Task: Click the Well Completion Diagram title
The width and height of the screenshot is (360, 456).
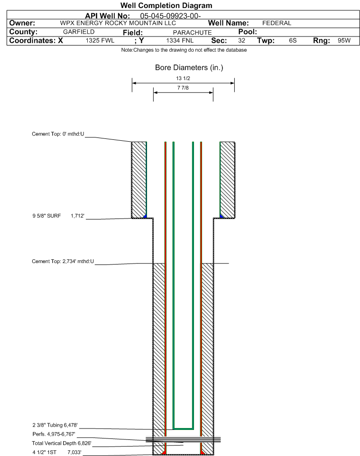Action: tap(166, 6)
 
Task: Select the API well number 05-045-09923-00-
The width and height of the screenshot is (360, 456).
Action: tap(170, 16)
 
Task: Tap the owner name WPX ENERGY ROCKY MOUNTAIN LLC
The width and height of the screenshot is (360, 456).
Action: tap(118, 23)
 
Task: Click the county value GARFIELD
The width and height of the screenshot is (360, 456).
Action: tap(79, 32)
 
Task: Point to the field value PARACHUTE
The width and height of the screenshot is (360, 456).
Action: tap(193, 32)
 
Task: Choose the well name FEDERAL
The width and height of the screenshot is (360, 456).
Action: tap(277, 23)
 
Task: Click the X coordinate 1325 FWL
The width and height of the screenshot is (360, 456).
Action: tap(100, 40)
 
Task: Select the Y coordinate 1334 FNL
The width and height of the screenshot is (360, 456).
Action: tap(180, 40)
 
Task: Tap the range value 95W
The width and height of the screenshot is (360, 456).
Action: tap(344, 40)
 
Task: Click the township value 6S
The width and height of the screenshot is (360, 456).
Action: tap(293, 40)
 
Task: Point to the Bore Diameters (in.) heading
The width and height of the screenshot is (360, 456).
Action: tap(189, 67)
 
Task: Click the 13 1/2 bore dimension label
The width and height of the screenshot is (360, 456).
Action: tap(183, 78)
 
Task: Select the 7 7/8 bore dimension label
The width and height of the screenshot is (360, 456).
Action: tap(183, 88)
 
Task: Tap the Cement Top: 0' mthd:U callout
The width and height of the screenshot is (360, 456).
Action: tap(58, 134)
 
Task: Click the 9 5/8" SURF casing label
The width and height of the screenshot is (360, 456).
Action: tap(46, 216)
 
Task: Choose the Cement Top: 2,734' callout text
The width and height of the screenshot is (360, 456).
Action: tap(63, 261)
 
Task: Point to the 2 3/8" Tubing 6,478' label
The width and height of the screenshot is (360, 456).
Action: tap(55, 425)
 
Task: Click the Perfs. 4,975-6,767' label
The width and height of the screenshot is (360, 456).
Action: tap(54, 434)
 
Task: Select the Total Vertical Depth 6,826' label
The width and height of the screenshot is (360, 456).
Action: tap(62, 443)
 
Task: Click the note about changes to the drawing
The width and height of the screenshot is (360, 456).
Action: tap(184, 50)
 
